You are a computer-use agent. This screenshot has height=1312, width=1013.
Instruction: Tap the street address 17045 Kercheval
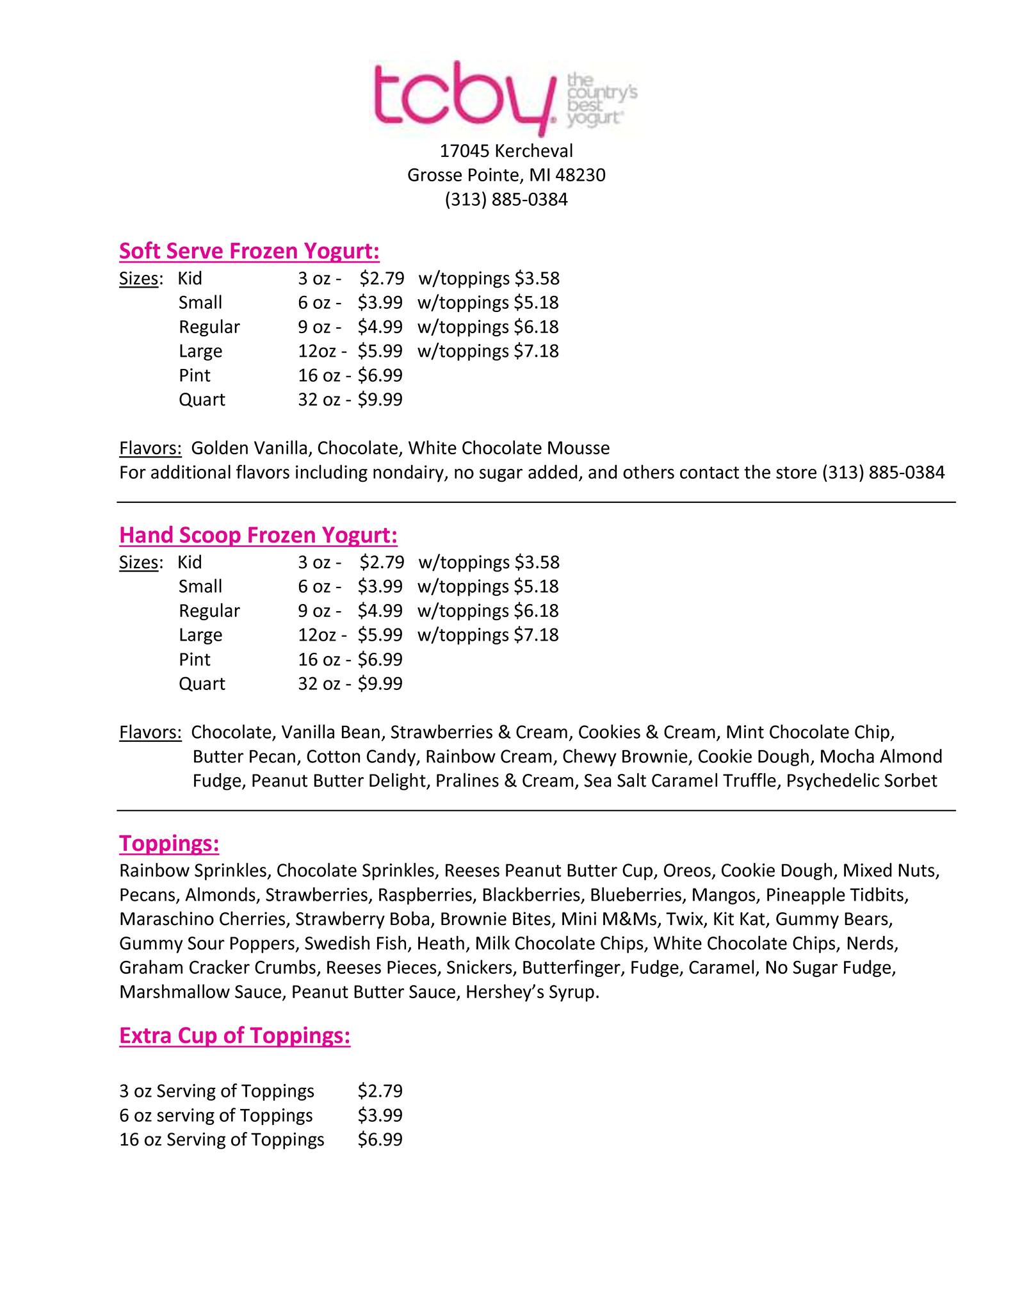(506, 151)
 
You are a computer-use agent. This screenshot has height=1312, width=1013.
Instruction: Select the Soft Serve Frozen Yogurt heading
(249, 251)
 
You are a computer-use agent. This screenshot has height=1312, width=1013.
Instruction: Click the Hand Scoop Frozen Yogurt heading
(258, 535)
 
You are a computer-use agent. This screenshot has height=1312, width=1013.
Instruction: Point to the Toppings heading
(169, 844)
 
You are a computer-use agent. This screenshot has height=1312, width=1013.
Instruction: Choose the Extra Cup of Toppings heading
(234, 1036)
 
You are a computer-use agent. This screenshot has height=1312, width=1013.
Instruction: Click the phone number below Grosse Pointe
(506, 200)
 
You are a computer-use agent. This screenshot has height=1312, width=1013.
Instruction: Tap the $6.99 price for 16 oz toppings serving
(380, 1140)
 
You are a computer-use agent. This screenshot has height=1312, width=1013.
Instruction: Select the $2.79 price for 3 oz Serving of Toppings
(380, 1091)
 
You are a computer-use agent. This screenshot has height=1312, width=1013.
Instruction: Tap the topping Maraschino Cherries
(202, 919)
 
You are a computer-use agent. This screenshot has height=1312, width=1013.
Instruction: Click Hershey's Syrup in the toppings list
(531, 992)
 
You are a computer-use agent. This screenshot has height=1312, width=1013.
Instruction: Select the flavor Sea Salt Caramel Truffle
(679, 781)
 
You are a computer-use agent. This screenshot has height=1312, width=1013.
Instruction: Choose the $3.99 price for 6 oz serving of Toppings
(380, 1115)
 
